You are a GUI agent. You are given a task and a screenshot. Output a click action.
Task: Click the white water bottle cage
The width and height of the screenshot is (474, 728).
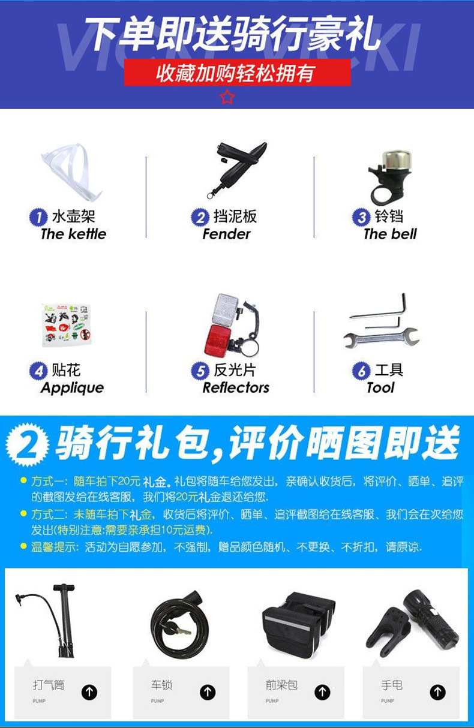tap(73, 175)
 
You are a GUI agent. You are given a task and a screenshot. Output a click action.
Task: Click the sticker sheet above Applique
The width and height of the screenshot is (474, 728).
tap(67, 324)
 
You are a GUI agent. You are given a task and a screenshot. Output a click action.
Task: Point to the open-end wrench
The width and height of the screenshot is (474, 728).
tap(381, 337)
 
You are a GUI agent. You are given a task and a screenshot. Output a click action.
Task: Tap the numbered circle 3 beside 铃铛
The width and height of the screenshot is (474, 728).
tap(361, 217)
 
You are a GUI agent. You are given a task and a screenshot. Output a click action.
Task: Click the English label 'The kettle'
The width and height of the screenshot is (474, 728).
tap(73, 234)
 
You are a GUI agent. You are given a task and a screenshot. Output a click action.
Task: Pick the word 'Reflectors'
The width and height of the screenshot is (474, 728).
tap(236, 388)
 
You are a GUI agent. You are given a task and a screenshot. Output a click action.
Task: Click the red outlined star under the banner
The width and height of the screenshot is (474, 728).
tap(227, 97)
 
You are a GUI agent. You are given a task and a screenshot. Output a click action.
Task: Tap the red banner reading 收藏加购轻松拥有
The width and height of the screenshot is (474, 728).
tap(237, 73)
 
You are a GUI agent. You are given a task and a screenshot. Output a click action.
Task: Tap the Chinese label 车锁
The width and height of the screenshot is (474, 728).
tap(161, 685)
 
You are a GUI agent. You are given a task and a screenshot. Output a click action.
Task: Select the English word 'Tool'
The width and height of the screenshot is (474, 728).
tap(381, 388)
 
